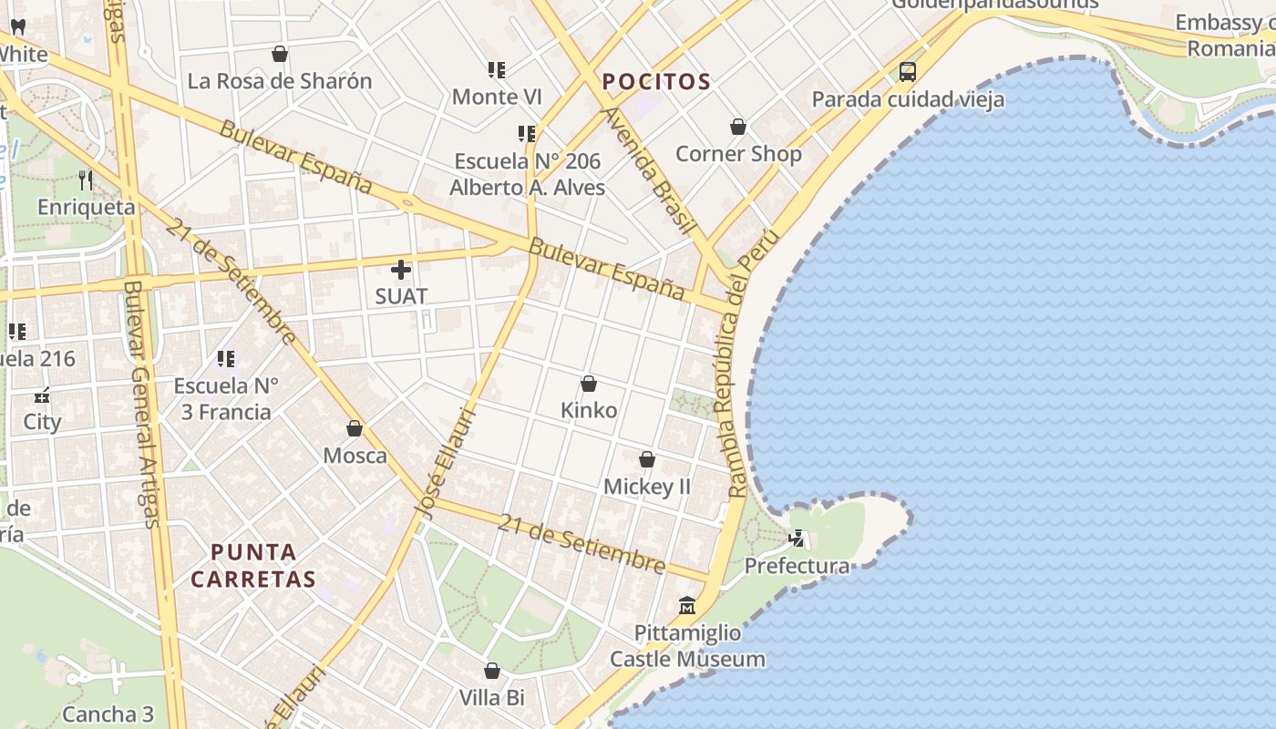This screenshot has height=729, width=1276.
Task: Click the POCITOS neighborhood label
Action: tap(656, 82)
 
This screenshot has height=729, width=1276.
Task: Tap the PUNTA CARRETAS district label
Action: tap(253, 565)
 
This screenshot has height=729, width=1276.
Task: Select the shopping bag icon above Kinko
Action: tap(589, 384)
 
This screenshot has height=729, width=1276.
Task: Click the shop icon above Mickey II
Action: tap(647, 459)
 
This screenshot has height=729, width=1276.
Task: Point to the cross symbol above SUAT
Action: tap(401, 270)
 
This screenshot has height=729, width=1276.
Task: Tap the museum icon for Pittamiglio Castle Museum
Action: tap(687, 605)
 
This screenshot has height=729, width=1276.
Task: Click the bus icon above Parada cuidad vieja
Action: tap(907, 71)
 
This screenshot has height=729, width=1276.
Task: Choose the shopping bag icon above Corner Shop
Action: tap(738, 127)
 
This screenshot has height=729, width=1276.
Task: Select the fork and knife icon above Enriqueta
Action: tap(87, 180)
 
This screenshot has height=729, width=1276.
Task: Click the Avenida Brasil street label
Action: tap(649, 170)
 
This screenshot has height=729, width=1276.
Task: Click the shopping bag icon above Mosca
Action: tap(355, 428)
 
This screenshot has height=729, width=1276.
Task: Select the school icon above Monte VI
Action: tap(497, 69)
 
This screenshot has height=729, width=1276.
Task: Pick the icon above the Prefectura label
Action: tap(797, 539)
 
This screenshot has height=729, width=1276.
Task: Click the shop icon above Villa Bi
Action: tap(492, 672)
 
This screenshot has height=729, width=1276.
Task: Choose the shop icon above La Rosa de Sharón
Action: tap(280, 54)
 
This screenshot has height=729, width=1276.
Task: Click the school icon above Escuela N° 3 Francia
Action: tap(226, 359)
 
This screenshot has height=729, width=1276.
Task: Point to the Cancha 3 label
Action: tap(108, 714)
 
